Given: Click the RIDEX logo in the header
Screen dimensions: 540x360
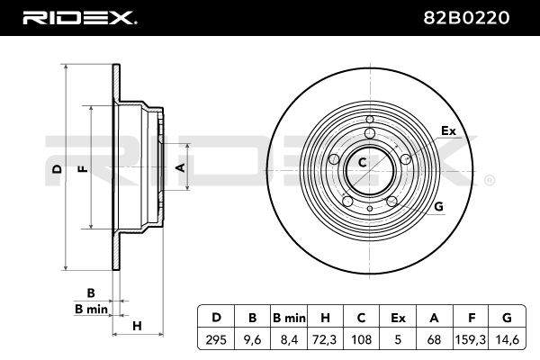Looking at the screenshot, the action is (x=79, y=18).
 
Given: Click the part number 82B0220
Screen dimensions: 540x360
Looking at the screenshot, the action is (x=466, y=18).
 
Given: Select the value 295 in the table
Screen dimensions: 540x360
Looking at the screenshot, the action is (x=216, y=339).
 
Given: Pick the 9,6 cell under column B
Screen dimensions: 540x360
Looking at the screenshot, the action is (x=252, y=340).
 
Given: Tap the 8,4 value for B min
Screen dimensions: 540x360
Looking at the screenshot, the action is (x=289, y=340).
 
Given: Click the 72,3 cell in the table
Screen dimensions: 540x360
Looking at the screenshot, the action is (x=325, y=340).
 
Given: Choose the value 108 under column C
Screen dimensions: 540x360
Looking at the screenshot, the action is (x=361, y=339).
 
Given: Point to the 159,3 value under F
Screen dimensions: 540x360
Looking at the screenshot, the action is (x=471, y=340).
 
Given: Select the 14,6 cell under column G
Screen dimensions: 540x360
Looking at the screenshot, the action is (x=507, y=340).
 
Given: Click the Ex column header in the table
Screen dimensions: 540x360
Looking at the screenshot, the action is (x=398, y=318).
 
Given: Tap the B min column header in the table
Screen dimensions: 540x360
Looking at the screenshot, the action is (x=289, y=318).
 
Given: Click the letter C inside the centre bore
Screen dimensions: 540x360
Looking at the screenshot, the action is (x=362, y=162).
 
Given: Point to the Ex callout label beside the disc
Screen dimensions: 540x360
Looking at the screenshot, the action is (x=448, y=130).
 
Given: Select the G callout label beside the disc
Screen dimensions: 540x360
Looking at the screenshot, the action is (x=438, y=206).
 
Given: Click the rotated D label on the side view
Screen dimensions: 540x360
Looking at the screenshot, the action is (x=58, y=169).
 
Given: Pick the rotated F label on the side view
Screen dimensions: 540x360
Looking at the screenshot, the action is (x=84, y=169).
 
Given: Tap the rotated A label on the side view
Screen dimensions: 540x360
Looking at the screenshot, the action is (x=181, y=167).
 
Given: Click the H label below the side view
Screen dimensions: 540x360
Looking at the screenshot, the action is (x=137, y=326).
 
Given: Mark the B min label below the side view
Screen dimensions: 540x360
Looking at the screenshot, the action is (x=91, y=309).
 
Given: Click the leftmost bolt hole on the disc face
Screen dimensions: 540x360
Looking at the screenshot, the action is (x=334, y=159).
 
